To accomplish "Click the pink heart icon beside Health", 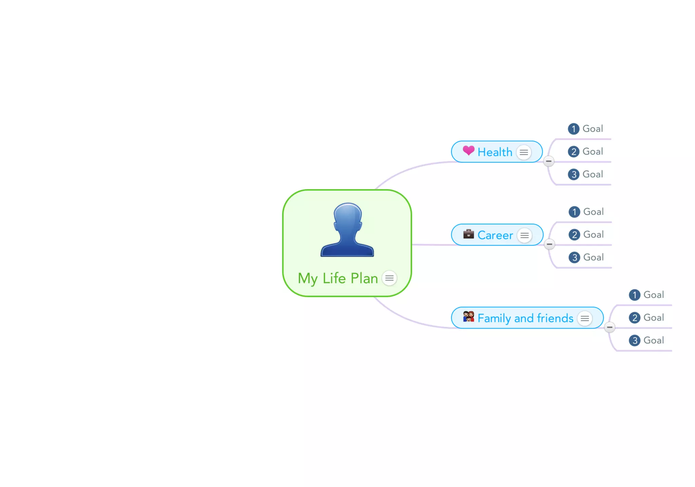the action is pyautogui.click(x=469, y=150).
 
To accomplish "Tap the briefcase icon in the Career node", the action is pyautogui.click(x=469, y=234).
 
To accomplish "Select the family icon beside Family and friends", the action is pyautogui.click(x=469, y=317).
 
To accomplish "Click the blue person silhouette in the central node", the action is pyautogui.click(x=347, y=230).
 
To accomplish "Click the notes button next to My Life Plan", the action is pyautogui.click(x=389, y=278).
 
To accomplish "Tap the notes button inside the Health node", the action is pyautogui.click(x=524, y=152).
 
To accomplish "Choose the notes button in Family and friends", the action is pyautogui.click(x=585, y=318).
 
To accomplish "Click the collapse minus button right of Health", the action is pyautogui.click(x=549, y=161).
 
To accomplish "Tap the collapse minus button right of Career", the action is pyautogui.click(x=549, y=244).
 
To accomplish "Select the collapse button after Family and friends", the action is pyautogui.click(x=610, y=327).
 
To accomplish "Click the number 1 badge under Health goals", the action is pyautogui.click(x=574, y=129).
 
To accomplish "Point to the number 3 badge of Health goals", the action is pyautogui.click(x=574, y=174).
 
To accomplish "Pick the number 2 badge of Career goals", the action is pyautogui.click(x=574, y=235).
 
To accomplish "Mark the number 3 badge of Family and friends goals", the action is pyautogui.click(x=635, y=340).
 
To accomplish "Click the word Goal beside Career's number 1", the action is pyautogui.click(x=594, y=212).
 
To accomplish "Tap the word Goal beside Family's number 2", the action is pyautogui.click(x=654, y=318).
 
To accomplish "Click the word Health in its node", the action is pyautogui.click(x=495, y=152).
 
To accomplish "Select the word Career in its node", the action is pyautogui.click(x=495, y=235).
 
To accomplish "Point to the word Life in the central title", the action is pyautogui.click(x=334, y=278).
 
